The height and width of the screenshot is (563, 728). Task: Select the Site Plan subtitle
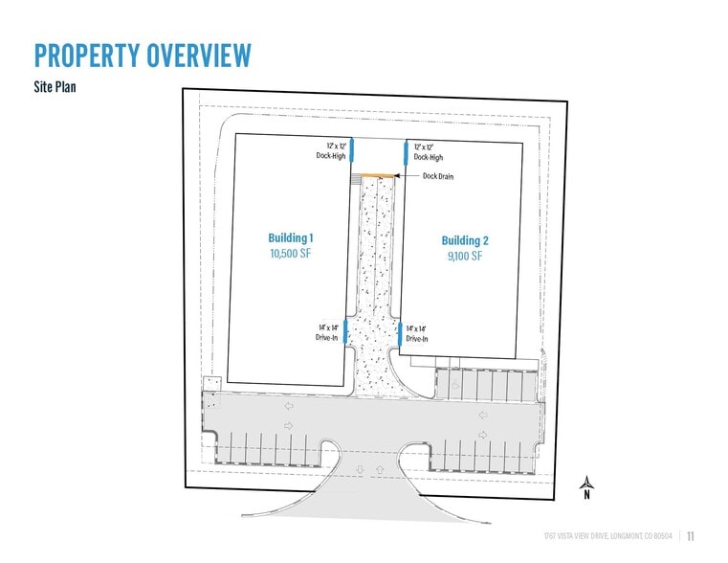pyautogui.click(x=56, y=84)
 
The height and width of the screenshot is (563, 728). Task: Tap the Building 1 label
pyautogui.click(x=291, y=237)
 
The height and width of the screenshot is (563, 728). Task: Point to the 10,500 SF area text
pyautogui.click(x=291, y=254)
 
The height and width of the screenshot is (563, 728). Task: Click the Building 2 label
pyautogui.click(x=464, y=239)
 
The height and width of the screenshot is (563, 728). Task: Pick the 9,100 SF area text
pyautogui.click(x=464, y=256)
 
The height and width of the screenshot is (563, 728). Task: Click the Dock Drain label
pyautogui.click(x=438, y=176)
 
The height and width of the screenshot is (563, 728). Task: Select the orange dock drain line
pyautogui.click(x=380, y=175)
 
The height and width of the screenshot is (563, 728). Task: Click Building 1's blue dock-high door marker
pyautogui.click(x=351, y=150)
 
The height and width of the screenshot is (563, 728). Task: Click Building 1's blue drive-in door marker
pyautogui.click(x=346, y=331)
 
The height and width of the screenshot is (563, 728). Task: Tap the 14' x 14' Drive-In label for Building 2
pyautogui.click(x=417, y=333)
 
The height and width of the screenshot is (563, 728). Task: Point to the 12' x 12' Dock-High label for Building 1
pyautogui.click(x=331, y=151)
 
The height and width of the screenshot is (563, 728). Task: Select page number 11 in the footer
pyautogui.click(x=691, y=536)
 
